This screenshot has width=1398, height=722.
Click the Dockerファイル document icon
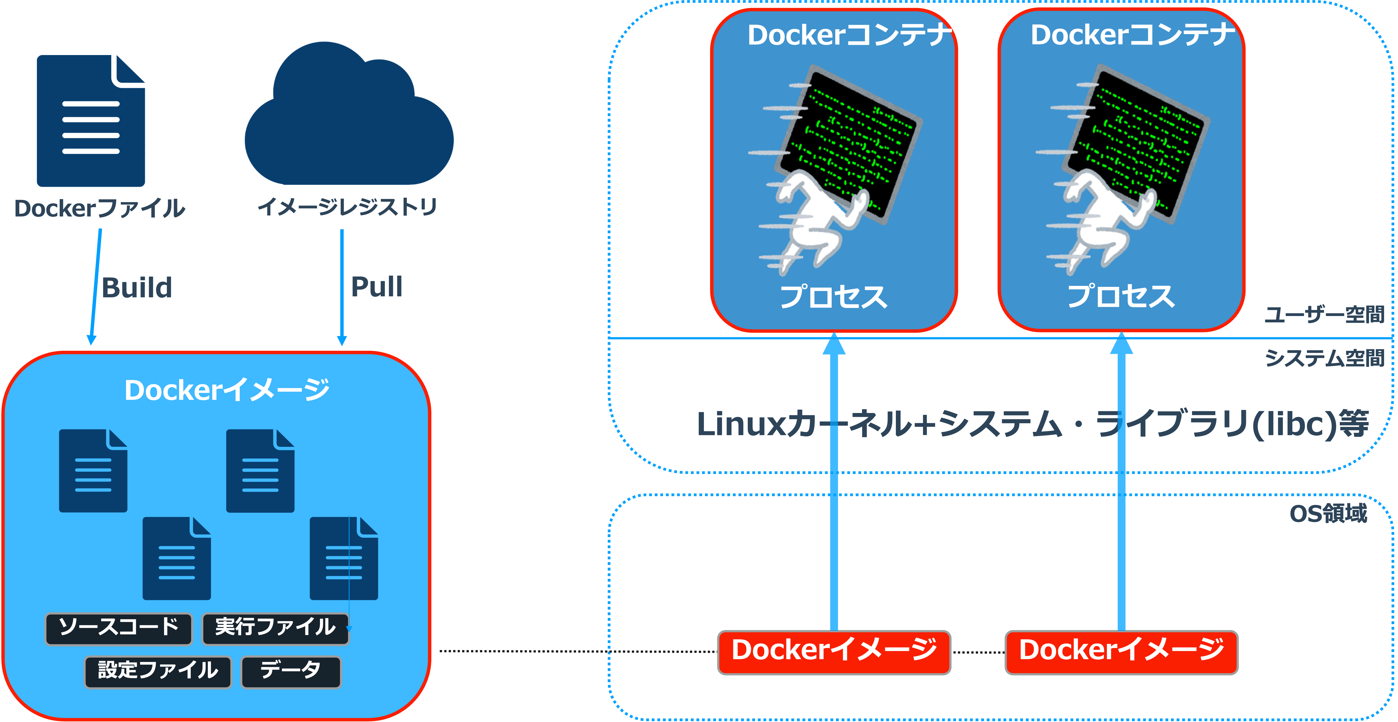point(91,121)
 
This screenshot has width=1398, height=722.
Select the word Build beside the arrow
point(137,288)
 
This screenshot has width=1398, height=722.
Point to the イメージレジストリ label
point(347,207)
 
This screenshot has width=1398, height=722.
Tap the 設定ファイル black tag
point(158,672)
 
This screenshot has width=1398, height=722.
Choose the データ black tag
point(291,672)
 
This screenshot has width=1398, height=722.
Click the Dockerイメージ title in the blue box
point(227,389)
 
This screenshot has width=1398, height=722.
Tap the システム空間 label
point(1324,358)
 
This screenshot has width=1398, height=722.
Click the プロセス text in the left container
point(833,297)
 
